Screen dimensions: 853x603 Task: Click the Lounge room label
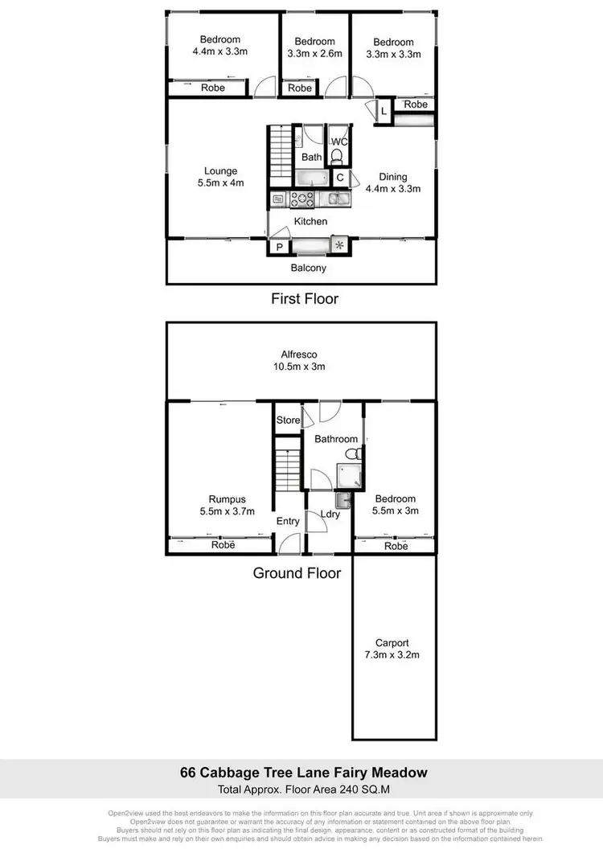pyautogui.click(x=219, y=176)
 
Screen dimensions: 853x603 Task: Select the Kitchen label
pyautogui.click(x=310, y=221)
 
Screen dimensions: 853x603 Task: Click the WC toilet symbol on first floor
pyautogui.click(x=338, y=156)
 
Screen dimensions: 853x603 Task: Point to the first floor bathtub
pyautogui.click(x=311, y=178)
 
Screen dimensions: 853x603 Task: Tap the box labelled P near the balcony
pyautogui.click(x=278, y=248)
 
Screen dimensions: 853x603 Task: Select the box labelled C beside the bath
pyautogui.click(x=339, y=178)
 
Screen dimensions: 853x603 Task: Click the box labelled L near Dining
pyautogui.click(x=384, y=112)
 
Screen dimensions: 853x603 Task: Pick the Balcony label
pyautogui.click(x=310, y=268)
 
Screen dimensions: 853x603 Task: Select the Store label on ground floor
pyautogui.click(x=288, y=420)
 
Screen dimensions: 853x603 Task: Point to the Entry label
pyautogui.click(x=288, y=521)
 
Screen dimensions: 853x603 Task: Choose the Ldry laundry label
pyautogui.click(x=330, y=514)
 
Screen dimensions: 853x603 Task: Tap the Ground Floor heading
pyautogui.click(x=297, y=573)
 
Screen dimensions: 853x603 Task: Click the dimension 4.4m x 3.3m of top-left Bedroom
pyautogui.click(x=219, y=51)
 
